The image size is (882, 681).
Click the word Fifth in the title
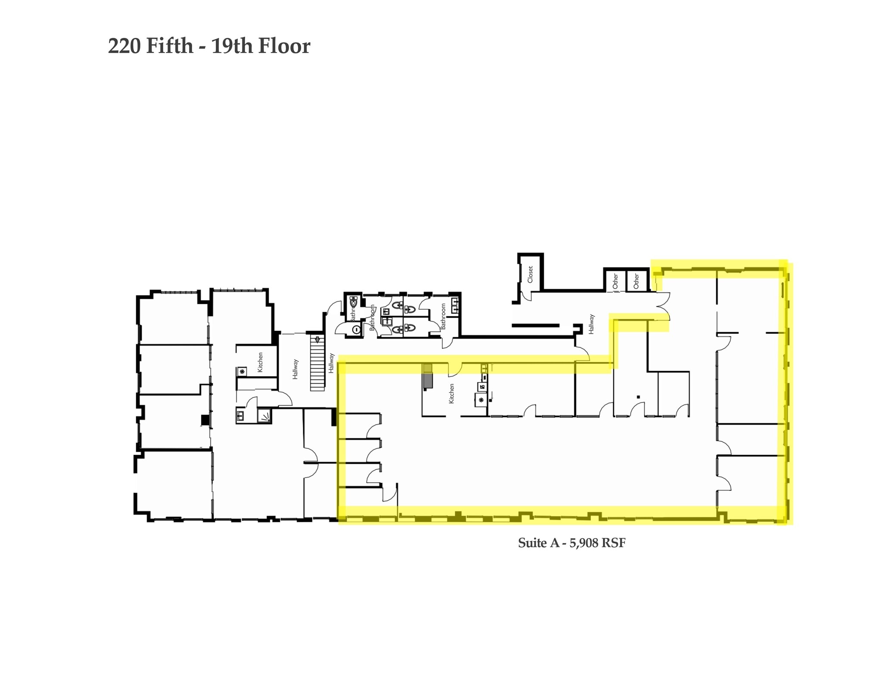click(170, 46)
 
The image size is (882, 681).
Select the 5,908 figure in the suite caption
click(584, 543)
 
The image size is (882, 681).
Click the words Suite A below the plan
click(538, 543)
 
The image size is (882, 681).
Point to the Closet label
click(530, 274)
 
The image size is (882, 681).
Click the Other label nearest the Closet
click(615, 281)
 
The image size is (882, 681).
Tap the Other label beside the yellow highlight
click(636, 281)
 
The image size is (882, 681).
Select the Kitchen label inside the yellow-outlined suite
click(451, 393)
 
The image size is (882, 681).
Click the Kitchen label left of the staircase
click(260, 362)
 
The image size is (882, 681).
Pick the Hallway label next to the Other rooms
click(591, 324)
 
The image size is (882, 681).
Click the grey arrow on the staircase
click(317, 339)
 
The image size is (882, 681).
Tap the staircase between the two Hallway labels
click(317, 366)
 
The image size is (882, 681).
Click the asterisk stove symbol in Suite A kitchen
click(481, 400)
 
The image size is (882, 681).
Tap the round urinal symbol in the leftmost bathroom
click(356, 330)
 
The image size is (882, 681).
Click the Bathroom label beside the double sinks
click(443, 317)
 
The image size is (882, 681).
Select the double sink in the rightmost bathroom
click(455, 305)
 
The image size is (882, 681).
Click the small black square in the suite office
click(638, 397)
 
